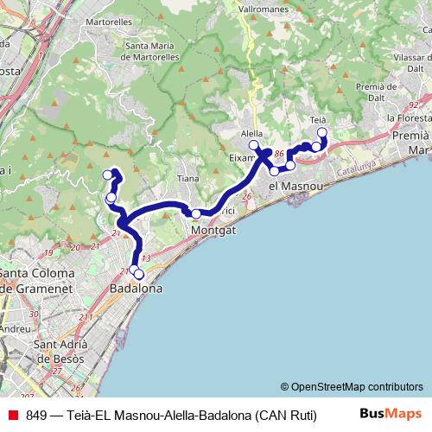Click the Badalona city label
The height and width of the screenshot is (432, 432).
pos(137,289)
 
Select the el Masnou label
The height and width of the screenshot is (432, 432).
pos(296,186)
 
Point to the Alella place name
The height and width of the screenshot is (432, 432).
pos(251,134)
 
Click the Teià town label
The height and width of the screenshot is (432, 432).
pos(317,119)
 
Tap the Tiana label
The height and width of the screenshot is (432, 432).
pos(187,179)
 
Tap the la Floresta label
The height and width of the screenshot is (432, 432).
pos(409,118)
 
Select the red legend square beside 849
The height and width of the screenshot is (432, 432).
pos(12,415)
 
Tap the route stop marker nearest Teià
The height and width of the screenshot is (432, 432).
pos(322,132)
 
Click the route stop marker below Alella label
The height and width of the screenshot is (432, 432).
pos(254,145)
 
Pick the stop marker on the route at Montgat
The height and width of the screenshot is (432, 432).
pos(196,214)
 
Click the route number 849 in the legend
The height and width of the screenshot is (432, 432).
pos(36,415)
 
